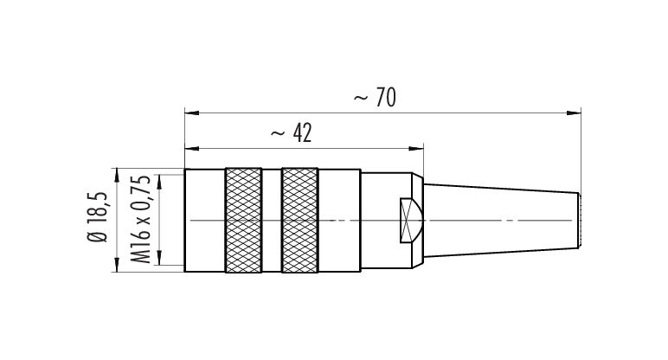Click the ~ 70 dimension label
tap(375, 98)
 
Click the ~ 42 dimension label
tap(292, 133)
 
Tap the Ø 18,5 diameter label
tap(98, 216)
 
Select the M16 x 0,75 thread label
tap(140, 219)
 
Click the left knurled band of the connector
tap(243, 221)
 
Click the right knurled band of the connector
tap(300, 221)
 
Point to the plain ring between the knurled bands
tap(272, 221)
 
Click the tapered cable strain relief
tap(501, 221)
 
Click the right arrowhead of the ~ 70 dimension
tap(574, 112)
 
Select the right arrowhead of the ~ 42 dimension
tap(416, 149)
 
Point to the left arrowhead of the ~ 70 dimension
tap(192, 112)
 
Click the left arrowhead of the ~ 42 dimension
tap(192, 149)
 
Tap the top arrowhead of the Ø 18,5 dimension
tap(117, 176)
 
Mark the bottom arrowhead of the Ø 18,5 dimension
tap(117, 265)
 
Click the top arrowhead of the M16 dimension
tap(159, 182)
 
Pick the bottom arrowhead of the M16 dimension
tap(159, 258)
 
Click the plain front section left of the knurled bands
tap(204, 221)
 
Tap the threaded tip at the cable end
tap(580, 221)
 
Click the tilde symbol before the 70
tap(361, 99)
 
